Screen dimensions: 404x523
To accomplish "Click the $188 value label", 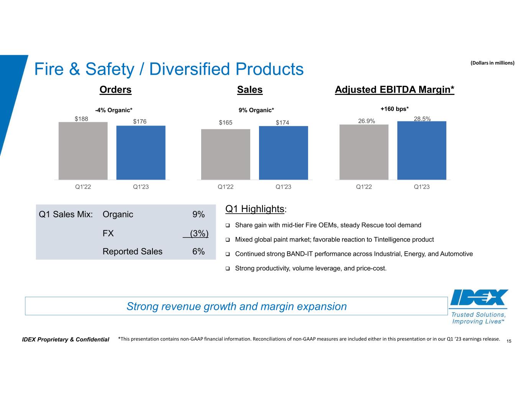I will [81, 119].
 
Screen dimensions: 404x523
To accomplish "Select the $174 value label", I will [282, 123].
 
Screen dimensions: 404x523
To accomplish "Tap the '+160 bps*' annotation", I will [395, 109].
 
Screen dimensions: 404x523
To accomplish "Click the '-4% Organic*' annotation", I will [114, 110].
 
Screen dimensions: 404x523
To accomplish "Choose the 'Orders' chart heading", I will [115, 90].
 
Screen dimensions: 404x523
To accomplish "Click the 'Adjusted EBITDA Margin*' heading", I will [394, 90].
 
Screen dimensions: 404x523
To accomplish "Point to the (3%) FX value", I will [199, 233].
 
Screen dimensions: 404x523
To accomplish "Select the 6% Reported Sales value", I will [198, 252].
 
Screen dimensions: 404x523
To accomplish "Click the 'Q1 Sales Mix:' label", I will [66, 214].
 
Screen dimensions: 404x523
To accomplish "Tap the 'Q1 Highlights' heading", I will [254, 209].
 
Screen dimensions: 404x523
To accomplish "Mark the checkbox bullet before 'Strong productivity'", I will [227, 269].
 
